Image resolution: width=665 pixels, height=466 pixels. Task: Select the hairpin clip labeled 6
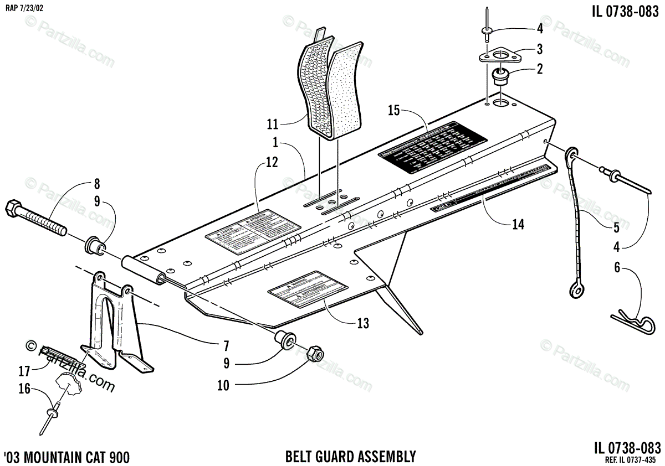point(633,320)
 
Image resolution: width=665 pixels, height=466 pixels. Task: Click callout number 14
point(518,224)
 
